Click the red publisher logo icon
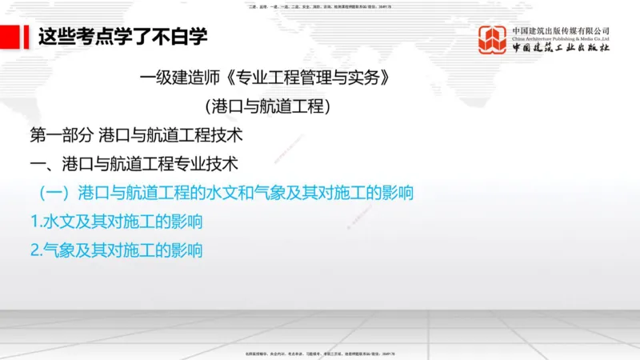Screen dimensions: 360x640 (x=493, y=40)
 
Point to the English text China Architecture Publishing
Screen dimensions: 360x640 (x=561, y=39)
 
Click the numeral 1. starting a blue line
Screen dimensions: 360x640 (x=34, y=222)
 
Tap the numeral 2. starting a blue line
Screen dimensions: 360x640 (x=34, y=250)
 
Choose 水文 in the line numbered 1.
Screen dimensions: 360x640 (x=59, y=222)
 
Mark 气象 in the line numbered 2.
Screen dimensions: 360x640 (x=59, y=250)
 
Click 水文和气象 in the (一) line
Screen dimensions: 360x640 (x=253, y=193)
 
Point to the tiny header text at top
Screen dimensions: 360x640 (x=320, y=6)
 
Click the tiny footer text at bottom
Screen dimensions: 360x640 (x=320, y=353)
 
